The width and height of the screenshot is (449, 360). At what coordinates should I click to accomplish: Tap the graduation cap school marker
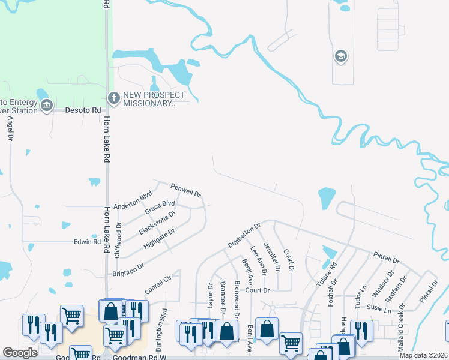click(x=341, y=56)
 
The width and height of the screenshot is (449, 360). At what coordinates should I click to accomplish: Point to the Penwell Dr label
click(x=185, y=190)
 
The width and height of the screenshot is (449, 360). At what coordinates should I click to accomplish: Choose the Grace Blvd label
click(x=160, y=208)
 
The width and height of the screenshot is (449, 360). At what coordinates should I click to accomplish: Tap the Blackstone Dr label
click(x=157, y=223)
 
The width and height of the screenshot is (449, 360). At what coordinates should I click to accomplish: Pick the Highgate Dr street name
click(x=159, y=239)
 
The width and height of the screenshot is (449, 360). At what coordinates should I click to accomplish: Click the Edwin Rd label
click(x=87, y=242)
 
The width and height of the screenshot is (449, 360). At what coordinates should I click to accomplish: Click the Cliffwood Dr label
click(x=118, y=241)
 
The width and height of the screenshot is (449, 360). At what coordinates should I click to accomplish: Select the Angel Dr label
click(x=10, y=129)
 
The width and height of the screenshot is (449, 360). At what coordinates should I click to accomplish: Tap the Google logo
click(x=20, y=353)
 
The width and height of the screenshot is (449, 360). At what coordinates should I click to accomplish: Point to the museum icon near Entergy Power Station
click(x=47, y=106)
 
